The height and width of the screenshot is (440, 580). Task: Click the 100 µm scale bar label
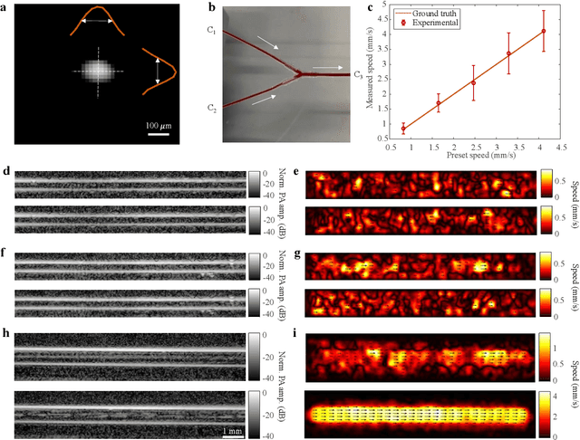point(163,124)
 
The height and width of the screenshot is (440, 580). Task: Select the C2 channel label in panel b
point(210,109)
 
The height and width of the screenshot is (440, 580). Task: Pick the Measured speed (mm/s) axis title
point(372,75)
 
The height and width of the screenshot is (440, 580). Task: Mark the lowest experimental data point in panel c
point(403,129)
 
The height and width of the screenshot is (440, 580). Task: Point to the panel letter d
point(7,169)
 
